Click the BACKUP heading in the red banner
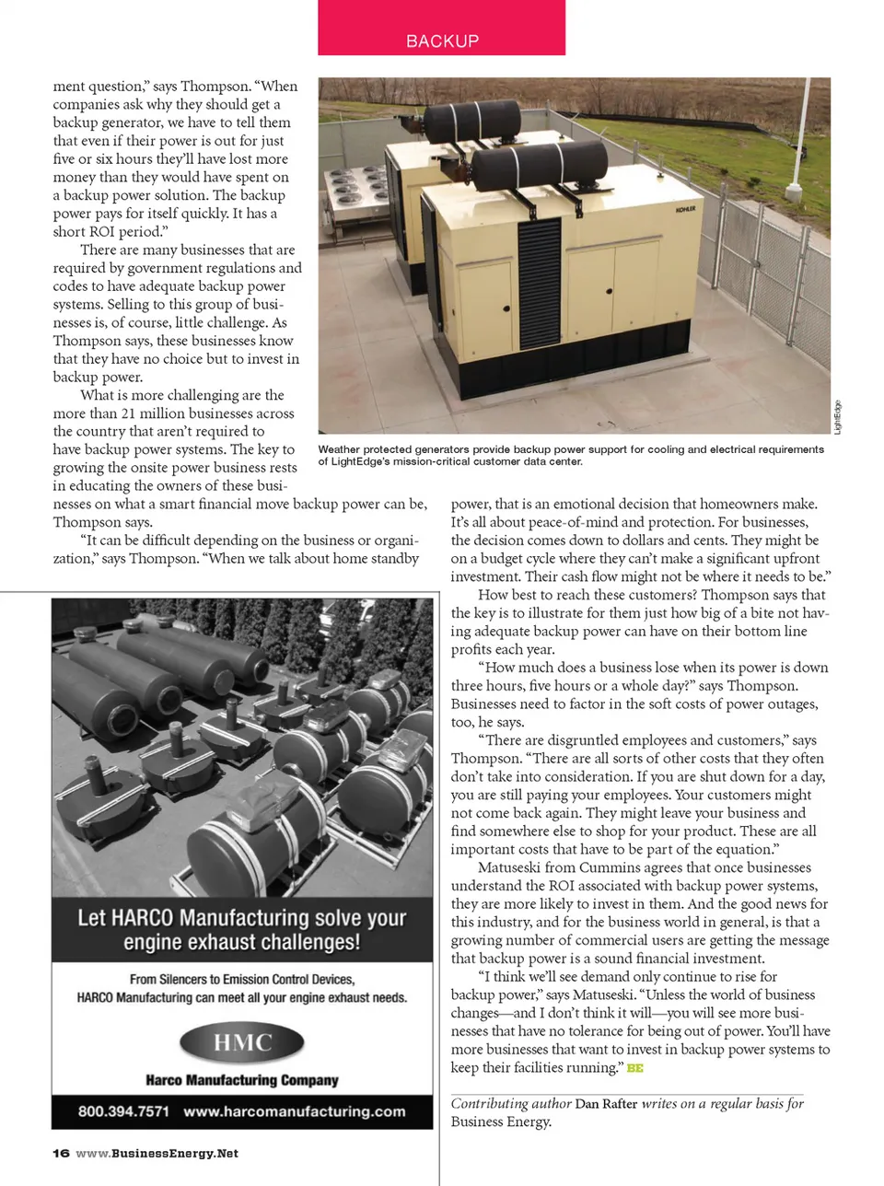click(x=442, y=41)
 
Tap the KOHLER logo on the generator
click(x=685, y=209)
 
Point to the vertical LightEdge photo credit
click(x=837, y=416)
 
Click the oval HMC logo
click(x=242, y=1043)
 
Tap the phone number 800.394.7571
click(x=123, y=1110)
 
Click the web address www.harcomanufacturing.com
click(x=294, y=1110)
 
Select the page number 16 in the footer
click(x=61, y=1153)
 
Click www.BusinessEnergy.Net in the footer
click(x=157, y=1153)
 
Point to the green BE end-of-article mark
click(x=634, y=1068)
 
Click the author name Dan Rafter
click(x=606, y=1103)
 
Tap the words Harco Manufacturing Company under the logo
click(x=242, y=1079)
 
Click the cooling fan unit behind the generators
click(x=354, y=193)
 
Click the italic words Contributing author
click(x=510, y=1103)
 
